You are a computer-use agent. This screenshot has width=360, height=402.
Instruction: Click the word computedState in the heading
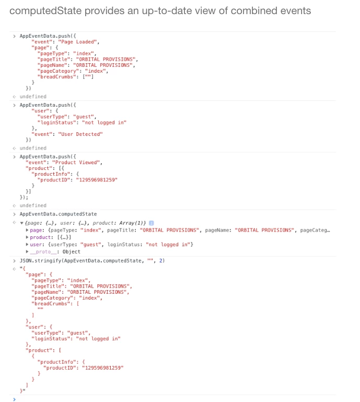click(45, 11)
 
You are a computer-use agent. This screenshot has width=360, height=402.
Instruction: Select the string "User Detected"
click(80, 134)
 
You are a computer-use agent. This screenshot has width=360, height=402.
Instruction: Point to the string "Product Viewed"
click(76, 162)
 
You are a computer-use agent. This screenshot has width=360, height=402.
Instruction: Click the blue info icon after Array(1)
click(152, 223)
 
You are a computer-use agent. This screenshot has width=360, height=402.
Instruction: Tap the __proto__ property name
click(43, 252)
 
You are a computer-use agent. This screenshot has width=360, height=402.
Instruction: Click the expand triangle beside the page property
click(27, 230)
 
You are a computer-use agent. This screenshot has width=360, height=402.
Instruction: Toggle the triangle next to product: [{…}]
click(27, 237)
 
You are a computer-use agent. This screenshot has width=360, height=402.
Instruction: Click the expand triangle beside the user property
click(27, 245)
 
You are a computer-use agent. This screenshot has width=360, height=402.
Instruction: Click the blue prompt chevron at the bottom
click(14, 399)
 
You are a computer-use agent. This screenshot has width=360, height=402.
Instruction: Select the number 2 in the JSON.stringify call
click(161, 260)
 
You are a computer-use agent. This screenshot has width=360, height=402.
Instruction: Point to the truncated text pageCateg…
click(315, 230)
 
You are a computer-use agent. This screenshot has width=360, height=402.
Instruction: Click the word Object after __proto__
click(72, 252)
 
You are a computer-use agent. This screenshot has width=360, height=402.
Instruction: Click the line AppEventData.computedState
click(58, 214)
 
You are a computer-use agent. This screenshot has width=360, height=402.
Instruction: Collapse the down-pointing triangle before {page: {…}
click(22, 223)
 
